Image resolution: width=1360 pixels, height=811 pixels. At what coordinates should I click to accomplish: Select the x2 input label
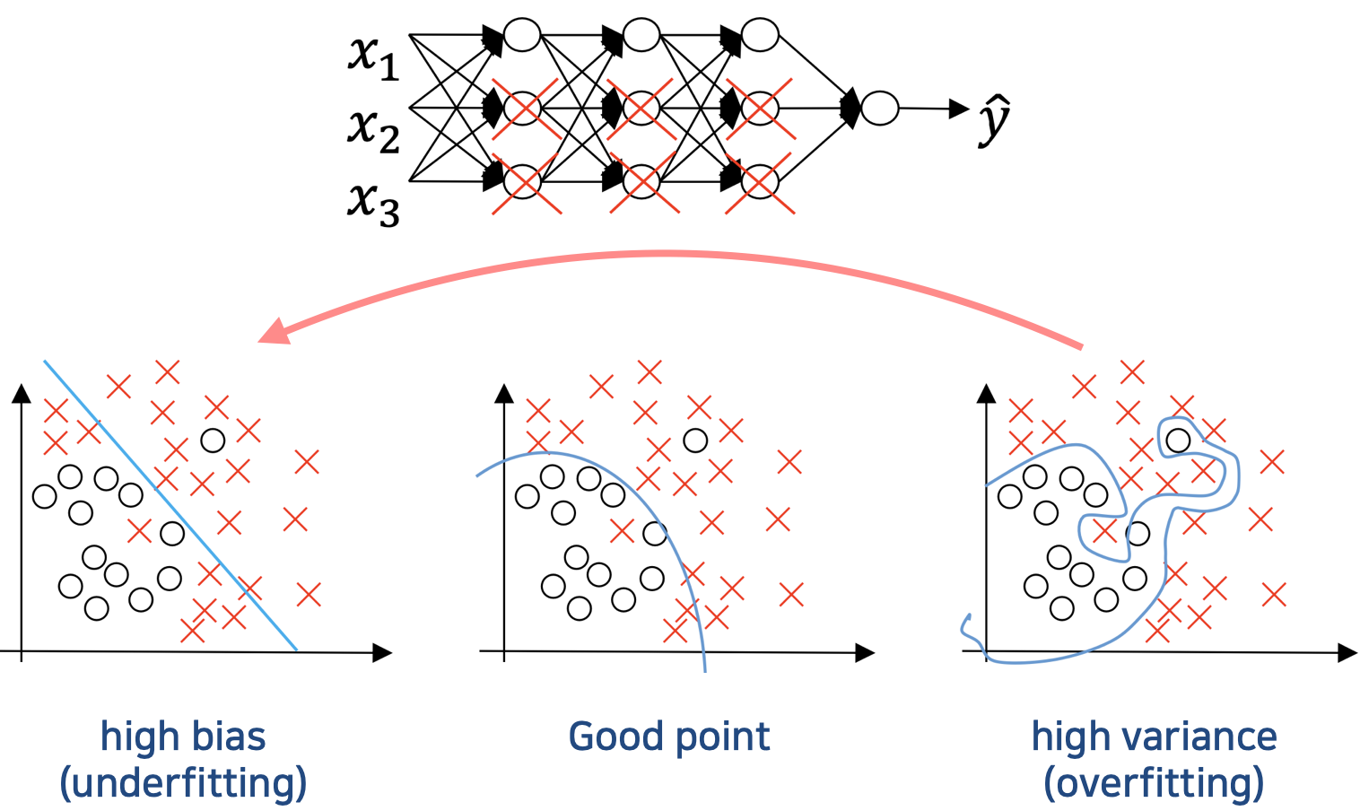pyautogui.click(x=373, y=130)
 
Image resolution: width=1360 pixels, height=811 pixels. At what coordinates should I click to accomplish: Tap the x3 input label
pyautogui.click(x=373, y=203)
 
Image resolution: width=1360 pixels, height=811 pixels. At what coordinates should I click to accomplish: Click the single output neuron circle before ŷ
pyautogui.click(x=879, y=109)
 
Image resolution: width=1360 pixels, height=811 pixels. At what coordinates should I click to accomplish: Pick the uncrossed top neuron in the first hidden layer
pyautogui.click(x=522, y=35)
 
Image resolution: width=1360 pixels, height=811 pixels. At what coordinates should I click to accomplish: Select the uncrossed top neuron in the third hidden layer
pyautogui.click(x=760, y=35)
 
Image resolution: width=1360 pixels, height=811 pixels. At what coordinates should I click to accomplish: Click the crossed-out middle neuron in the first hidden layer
pyautogui.click(x=522, y=109)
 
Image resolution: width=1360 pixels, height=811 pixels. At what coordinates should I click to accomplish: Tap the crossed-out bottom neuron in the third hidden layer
pyautogui.click(x=760, y=182)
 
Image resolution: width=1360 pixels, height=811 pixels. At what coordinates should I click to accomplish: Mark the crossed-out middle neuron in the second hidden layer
pyautogui.click(x=641, y=109)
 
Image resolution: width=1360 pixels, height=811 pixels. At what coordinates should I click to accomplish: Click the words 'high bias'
pyautogui.click(x=183, y=737)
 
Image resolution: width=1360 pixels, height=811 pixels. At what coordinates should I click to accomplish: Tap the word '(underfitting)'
pyautogui.click(x=183, y=783)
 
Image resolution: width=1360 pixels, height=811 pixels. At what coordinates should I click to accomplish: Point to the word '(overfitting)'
pyautogui.click(x=1154, y=783)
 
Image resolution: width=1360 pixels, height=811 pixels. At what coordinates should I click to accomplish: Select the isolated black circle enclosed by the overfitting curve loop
pyautogui.click(x=1177, y=440)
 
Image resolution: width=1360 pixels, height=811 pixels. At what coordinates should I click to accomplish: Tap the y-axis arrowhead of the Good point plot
pyautogui.click(x=504, y=393)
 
